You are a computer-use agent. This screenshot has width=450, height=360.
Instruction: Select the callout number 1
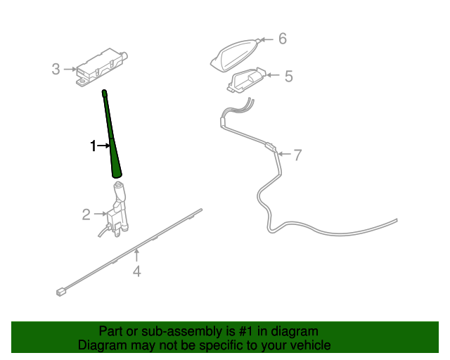point(93,146)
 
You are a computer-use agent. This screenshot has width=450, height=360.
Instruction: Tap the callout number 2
point(86,214)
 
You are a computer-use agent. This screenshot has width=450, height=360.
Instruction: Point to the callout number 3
point(56,69)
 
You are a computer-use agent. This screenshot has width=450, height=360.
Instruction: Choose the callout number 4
point(137,271)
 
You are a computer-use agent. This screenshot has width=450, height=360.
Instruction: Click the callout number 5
point(288,75)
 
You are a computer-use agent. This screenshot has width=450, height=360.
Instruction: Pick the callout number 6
point(283,38)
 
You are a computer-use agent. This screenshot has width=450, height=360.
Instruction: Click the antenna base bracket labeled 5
point(247,79)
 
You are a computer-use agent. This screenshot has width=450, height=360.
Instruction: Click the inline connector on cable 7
point(270,148)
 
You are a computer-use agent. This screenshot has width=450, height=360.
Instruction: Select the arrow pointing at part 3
point(70,69)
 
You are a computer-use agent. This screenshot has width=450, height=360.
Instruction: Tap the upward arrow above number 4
point(137,255)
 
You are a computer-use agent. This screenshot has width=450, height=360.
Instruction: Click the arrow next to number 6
point(266,39)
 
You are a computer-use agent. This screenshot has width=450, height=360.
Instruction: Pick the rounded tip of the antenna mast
point(103,92)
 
